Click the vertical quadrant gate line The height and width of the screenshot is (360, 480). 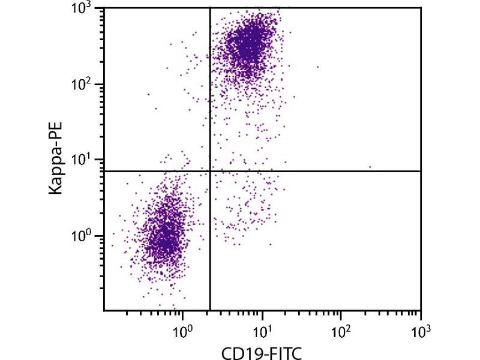click(x=210, y=90)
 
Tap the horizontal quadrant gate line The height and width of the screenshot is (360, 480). click(x=330, y=171)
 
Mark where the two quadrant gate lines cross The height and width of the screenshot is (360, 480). click(x=210, y=171)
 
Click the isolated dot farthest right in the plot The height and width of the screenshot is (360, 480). click(x=370, y=167)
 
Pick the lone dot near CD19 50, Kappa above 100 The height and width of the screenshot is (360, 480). click(x=317, y=67)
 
